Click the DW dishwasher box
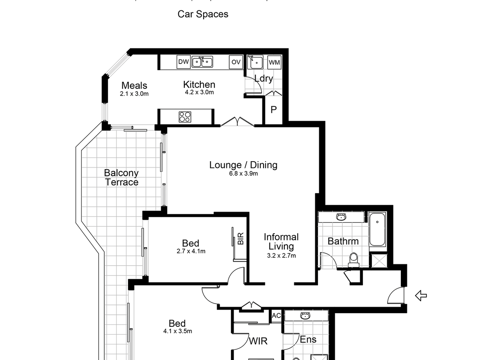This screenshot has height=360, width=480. pyautogui.click(x=184, y=62)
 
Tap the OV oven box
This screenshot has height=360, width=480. pyautogui.click(x=236, y=62)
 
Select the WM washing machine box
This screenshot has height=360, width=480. pyautogui.click(x=274, y=62)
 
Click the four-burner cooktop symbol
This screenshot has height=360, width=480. pyautogui.click(x=185, y=117)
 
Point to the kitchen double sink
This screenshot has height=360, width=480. pyautogui.click(x=202, y=62)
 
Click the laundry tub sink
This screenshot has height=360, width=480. pyautogui.click(x=255, y=62)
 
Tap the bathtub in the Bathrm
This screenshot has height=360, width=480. pyautogui.click(x=377, y=229)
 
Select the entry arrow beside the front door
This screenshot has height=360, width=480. pyautogui.click(x=421, y=296)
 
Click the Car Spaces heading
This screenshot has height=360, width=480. pyautogui.click(x=203, y=14)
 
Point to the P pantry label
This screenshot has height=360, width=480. pyautogui.click(x=274, y=110)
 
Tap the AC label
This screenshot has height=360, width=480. pyautogui.click(x=276, y=316)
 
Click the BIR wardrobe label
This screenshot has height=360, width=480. pyautogui.click(x=240, y=238)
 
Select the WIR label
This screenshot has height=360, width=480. pyautogui.click(x=258, y=341)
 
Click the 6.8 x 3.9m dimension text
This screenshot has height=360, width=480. pyautogui.click(x=243, y=174)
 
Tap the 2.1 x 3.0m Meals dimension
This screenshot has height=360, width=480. pyautogui.click(x=134, y=94)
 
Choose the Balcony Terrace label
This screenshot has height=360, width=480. pyautogui.click(x=121, y=178)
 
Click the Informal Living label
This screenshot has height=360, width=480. pyautogui.click(x=281, y=242)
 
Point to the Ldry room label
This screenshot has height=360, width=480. pyautogui.click(x=264, y=78)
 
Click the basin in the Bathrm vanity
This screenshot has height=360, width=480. pyautogui.click(x=341, y=217)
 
